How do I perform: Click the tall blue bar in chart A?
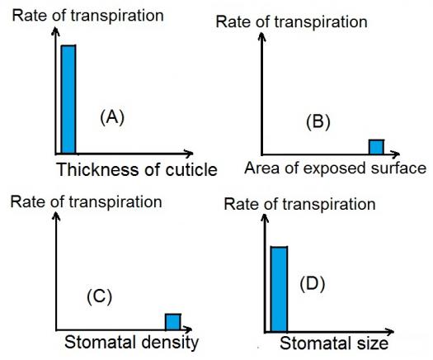[x=68, y=99]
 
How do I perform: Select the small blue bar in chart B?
[x=376, y=147]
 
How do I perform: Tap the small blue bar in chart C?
[x=173, y=322]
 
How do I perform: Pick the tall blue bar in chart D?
[x=280, y=289]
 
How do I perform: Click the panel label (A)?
[x=112, y=117]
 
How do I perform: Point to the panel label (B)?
[x=318, y=121]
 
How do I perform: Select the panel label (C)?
[x=100, y=296]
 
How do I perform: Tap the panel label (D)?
[x=312, y=284]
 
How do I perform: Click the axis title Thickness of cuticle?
[x=137, y=169]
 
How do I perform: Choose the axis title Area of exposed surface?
[x=335, y=168]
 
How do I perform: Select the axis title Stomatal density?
[x=131, y=343]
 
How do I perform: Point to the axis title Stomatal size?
[x=334, y=343]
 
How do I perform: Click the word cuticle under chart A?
[x=191, y=169]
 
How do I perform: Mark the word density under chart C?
[x=170, y=343]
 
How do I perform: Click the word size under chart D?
[x=372, y=343]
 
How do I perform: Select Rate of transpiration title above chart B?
[x=292, y=22]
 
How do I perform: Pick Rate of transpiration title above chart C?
[x=86, y=201]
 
